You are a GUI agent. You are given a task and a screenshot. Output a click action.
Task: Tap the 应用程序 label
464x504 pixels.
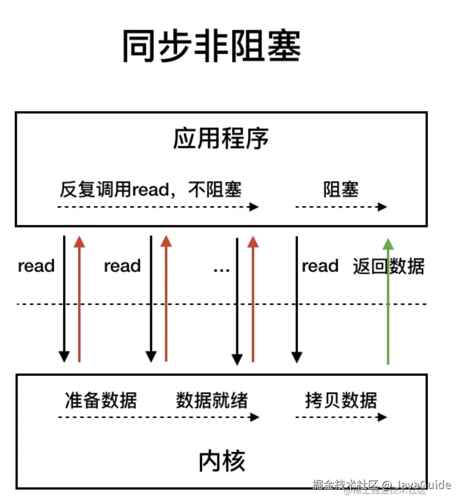[221, 139]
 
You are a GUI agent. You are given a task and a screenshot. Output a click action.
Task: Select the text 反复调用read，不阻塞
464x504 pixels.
[151, 190]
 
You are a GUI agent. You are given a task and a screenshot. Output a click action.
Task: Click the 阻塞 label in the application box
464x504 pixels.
[341, 190]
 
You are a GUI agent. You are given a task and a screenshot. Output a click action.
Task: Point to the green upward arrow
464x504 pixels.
[388, 301]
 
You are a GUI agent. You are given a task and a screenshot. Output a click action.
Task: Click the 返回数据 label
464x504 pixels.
[389, 267]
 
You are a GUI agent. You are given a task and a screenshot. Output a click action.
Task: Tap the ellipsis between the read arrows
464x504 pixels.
[221, 268]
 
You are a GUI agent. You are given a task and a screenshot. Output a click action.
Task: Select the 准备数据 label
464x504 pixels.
[101, 400]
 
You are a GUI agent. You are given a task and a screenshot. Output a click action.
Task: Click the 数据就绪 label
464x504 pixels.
[212, 400]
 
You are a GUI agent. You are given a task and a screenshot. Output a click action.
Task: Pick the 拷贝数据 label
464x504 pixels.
[341, 400]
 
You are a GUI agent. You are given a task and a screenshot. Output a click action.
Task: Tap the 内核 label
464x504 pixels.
[221, 461]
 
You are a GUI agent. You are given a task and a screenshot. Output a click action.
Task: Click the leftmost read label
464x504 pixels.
[36, 266]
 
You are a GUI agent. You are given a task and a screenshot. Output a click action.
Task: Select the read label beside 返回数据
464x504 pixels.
[320, 266]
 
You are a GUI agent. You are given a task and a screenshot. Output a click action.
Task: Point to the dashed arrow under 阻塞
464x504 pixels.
[341, 207]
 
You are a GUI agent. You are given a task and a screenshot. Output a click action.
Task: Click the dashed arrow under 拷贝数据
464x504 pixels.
[341, 417]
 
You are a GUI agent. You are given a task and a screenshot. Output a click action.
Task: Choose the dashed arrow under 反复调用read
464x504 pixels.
[158, 207]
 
